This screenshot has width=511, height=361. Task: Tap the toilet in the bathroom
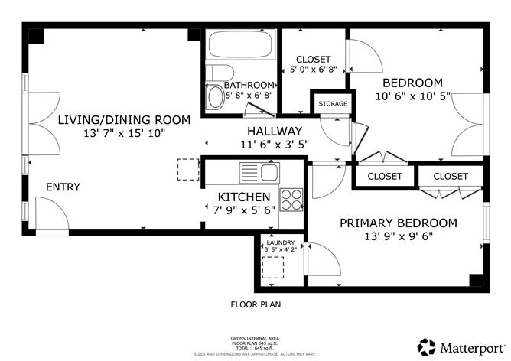[x=220, y=73]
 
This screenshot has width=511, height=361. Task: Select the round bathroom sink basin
[x=216, y=97]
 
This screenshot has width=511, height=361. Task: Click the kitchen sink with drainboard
[x=260, y=173]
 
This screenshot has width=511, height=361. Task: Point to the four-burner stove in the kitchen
[x=291, y=200]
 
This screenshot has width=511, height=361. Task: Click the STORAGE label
[x=333, y=104]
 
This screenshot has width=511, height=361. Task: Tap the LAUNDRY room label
[x=281, y=242]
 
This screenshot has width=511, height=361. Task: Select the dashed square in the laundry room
[x=273, y=268]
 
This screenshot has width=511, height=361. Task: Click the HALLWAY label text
[x=275, y=131]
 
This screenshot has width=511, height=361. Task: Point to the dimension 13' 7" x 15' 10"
[x=125, y=133]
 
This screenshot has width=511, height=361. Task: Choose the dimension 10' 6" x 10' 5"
[x=413, y=96]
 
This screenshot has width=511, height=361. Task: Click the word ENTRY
[x=63, y=187]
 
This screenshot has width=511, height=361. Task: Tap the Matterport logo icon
[x=426, y=347]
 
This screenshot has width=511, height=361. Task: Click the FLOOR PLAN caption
[x=255, y=304]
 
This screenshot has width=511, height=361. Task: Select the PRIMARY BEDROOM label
[x=399, y=223]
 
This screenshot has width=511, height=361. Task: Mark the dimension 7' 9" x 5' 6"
[x=244, y=210]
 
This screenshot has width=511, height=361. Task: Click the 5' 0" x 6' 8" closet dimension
[x=313, y=70]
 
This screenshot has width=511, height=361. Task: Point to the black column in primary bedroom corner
[x=476, y=281]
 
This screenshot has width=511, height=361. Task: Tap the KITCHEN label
[x=244, y=197]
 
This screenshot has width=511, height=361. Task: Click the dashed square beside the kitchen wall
[x=188, y=170]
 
